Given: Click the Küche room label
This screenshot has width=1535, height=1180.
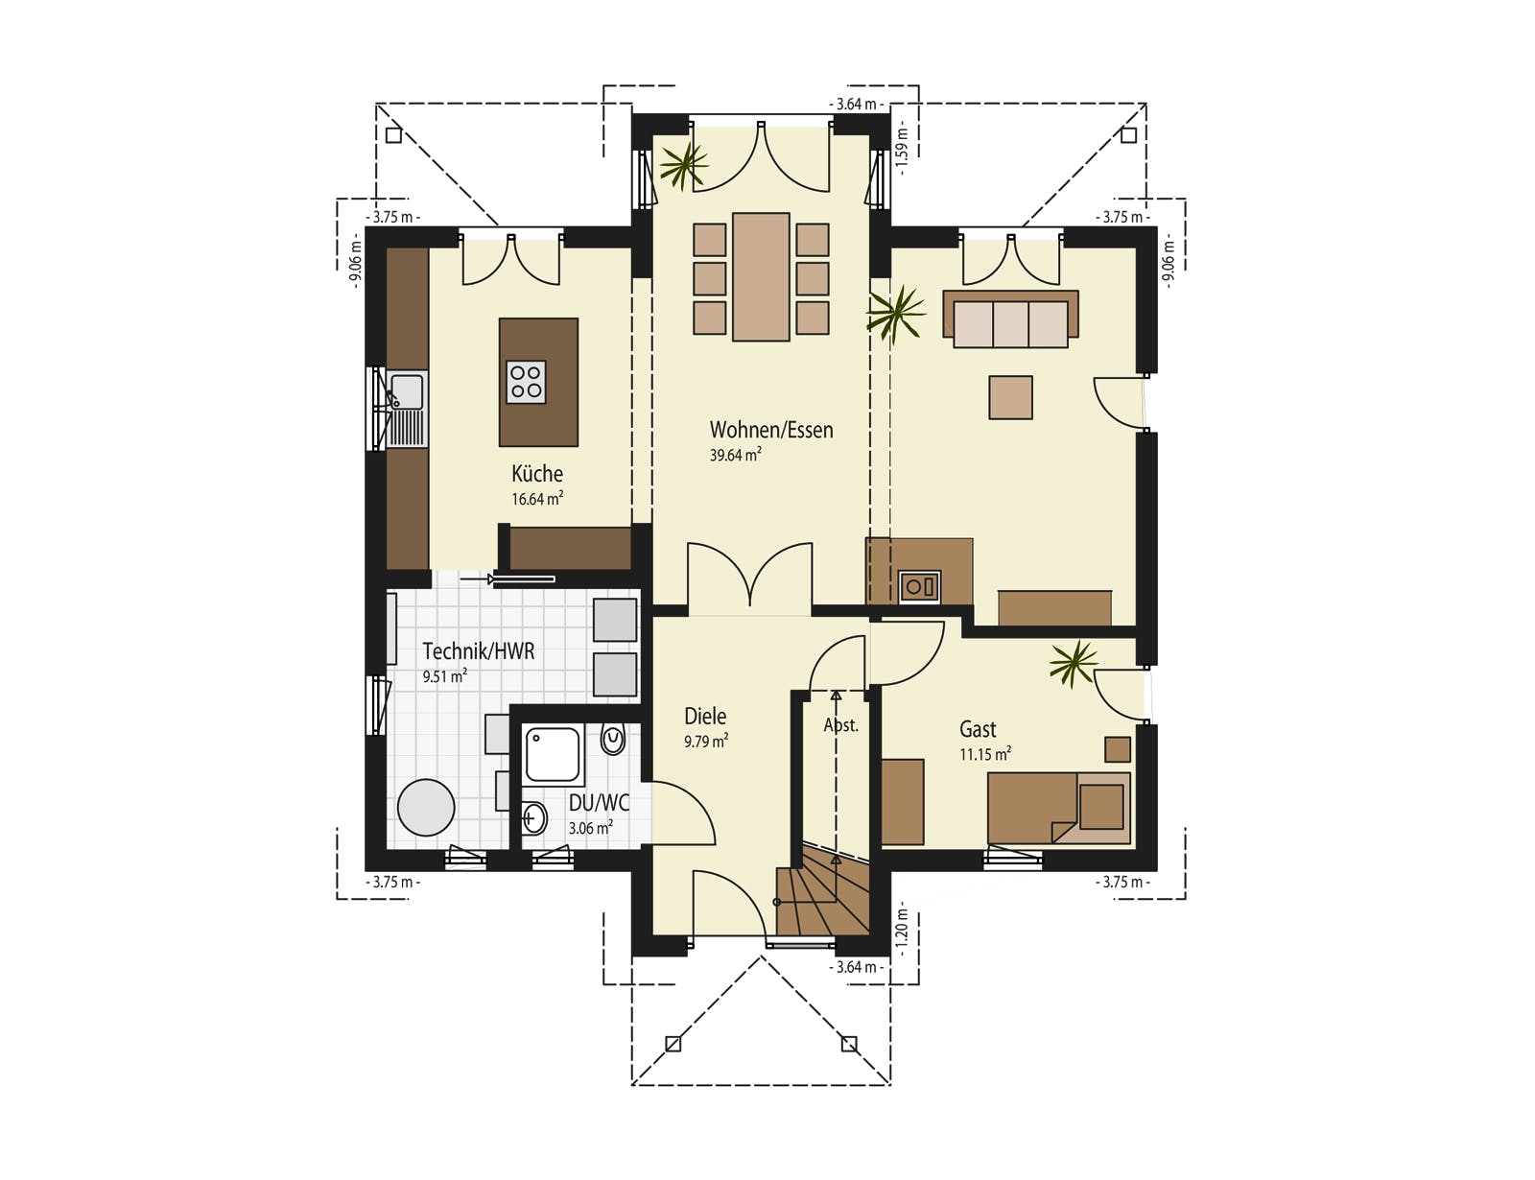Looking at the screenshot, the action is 537,473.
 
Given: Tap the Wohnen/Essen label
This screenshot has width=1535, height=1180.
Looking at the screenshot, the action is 771,430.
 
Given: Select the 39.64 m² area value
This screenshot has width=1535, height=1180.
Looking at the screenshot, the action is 735,455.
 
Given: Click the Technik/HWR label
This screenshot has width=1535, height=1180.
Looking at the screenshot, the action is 478,650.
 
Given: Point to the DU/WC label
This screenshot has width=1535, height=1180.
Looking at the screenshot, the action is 599,803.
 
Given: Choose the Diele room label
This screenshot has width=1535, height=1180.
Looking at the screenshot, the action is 705,716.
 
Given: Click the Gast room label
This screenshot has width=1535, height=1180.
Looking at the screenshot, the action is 978,729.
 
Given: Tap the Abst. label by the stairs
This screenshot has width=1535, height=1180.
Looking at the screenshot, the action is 840,725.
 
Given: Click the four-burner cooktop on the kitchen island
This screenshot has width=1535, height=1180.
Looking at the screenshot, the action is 527,382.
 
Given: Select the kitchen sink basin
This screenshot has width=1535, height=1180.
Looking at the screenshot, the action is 407,391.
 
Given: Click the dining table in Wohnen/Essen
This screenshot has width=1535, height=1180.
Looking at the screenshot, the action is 761,277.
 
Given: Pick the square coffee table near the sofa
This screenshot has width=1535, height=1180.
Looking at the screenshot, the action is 1010,397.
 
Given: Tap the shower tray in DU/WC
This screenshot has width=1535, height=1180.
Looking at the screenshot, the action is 553,755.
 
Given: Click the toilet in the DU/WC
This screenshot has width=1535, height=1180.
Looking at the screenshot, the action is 612,740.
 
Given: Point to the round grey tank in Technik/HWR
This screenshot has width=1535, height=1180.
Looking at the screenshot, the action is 426,807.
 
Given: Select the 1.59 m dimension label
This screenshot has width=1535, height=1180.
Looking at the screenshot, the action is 902,148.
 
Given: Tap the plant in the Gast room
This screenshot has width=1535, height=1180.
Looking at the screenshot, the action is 1073,663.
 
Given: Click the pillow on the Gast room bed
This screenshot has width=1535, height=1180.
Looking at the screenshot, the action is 1101,807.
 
